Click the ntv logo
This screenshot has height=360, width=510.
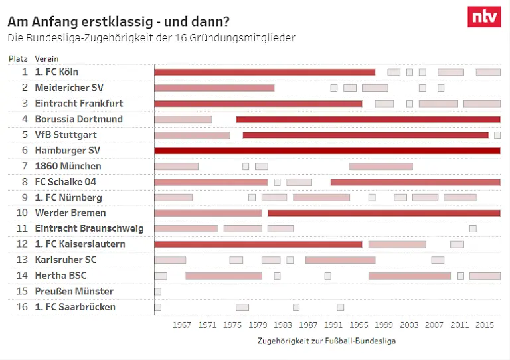pyautogui.click(x=484, y=17)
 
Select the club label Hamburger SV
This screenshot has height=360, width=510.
pyautogui.click(x=67, y=151)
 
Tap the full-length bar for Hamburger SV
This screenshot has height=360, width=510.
pyautogui.click(x=327, y=151)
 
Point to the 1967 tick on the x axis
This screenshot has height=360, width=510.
pyautogui.click(x=182, y=325)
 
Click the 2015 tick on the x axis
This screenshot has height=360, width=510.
pyautogui.click(x=485, y=325)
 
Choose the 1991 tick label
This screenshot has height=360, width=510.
pyautogui.click(x=333, y=325)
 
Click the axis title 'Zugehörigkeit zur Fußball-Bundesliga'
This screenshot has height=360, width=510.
pyautogui.click(x=327, y=341)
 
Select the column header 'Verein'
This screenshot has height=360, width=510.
pyautogui.click(x=46, y=58)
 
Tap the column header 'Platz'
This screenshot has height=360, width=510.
pyautogui.click(x=18, y=58)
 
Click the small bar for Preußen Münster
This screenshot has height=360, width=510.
pyautogui.click(x=157, y=292)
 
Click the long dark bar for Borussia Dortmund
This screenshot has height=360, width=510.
pyautogui.click(x=368, y=120)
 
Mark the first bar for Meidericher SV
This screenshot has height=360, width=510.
pyautogui.click(x=214, y=88)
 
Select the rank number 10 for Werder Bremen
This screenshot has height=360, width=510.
pyautogui.click(x=22, y=213)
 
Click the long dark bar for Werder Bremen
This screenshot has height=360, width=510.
pyautogui.click(x=384, y=213)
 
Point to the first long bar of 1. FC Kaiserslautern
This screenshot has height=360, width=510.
pyautogui.click(x=258, y=244)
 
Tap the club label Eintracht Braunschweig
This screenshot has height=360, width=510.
pyautogui.click(x=89, y=228)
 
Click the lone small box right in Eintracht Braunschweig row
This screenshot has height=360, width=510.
pyautogui.click(x=473, y=228)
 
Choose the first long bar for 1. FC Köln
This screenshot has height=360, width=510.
pyautogui.click(x=264, y=72)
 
